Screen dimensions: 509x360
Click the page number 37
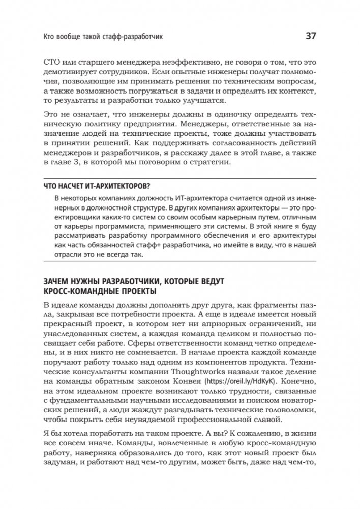pyautogui.click(x=311, y=36)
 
